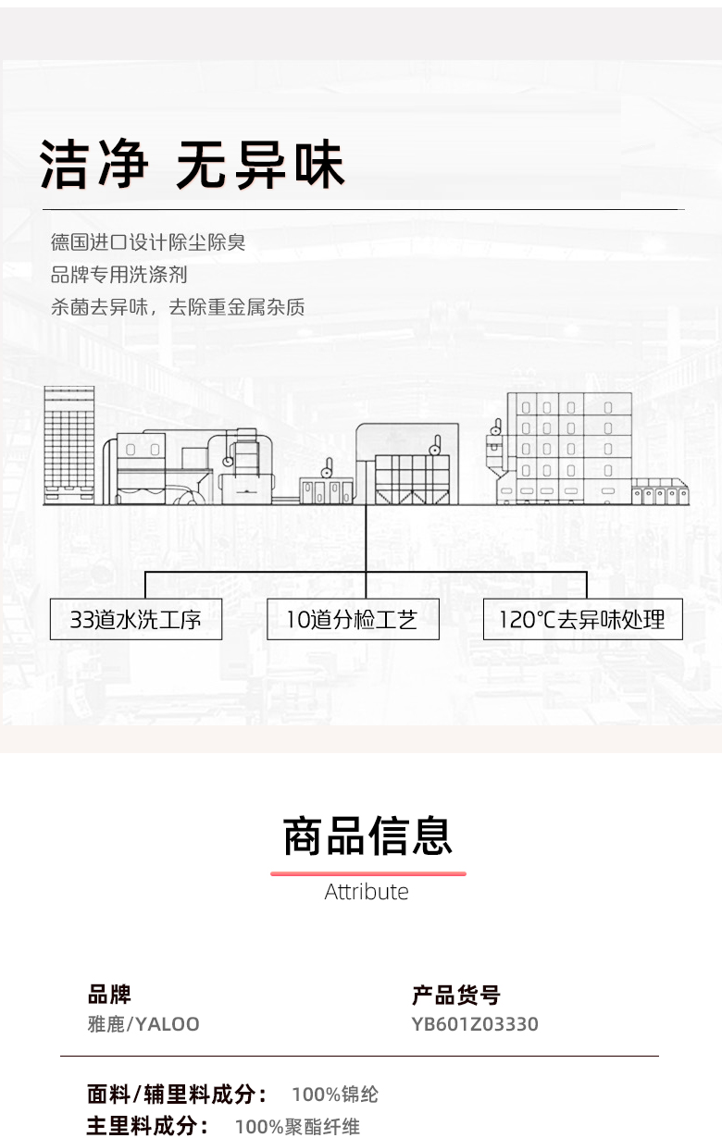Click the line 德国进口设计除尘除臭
click(148, 242)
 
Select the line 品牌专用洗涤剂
click(119, 275)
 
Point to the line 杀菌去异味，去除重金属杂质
click(178, 307)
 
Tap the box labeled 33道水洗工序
click(136, 619)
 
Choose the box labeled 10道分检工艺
click(352, 619)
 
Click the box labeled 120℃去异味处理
click(582, 619)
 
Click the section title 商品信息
click(367, 835)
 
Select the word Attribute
click(367, 892)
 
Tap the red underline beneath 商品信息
click(367, 872)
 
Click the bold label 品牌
click(109, 995)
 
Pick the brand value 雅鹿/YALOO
click(143, 1024)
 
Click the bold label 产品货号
click(455, 995)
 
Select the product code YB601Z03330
click(475, 1024)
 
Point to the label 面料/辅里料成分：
click(178, 1095)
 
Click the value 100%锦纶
click(335, 1095)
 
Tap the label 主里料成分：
click(147, 1126)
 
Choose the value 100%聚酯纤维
click(297, 1126)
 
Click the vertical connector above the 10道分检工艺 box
click(366, 550)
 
